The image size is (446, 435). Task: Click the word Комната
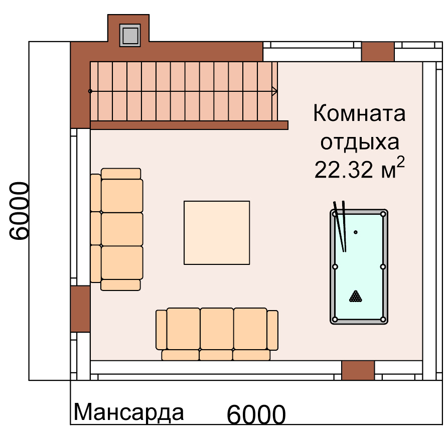(359, 113)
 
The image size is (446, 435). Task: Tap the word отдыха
(360, 142)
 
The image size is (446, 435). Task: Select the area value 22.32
(343, 170)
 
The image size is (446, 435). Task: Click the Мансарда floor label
(128, 412)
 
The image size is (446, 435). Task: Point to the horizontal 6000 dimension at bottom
(256, 414)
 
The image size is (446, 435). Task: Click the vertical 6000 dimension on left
(19, 211)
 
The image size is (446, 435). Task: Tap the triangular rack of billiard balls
(356, 296)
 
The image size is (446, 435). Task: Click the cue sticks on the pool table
(340, 226)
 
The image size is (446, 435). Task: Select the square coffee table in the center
(217, 233)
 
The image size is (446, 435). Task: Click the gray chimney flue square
(130, 35)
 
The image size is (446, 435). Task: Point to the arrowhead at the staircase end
(275, 91)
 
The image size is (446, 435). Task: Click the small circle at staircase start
(90, 91)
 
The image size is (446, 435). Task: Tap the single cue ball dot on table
(356, 232)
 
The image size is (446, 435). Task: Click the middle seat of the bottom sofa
(217, 329)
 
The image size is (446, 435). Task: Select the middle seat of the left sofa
(122, 229)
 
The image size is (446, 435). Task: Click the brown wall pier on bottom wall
(358, 370)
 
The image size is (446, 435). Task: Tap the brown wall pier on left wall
(80, 309)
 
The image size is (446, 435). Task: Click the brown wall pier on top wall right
(378, 52)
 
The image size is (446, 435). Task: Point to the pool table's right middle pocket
(383, 266)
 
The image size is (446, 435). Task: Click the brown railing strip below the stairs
(189, 125)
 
